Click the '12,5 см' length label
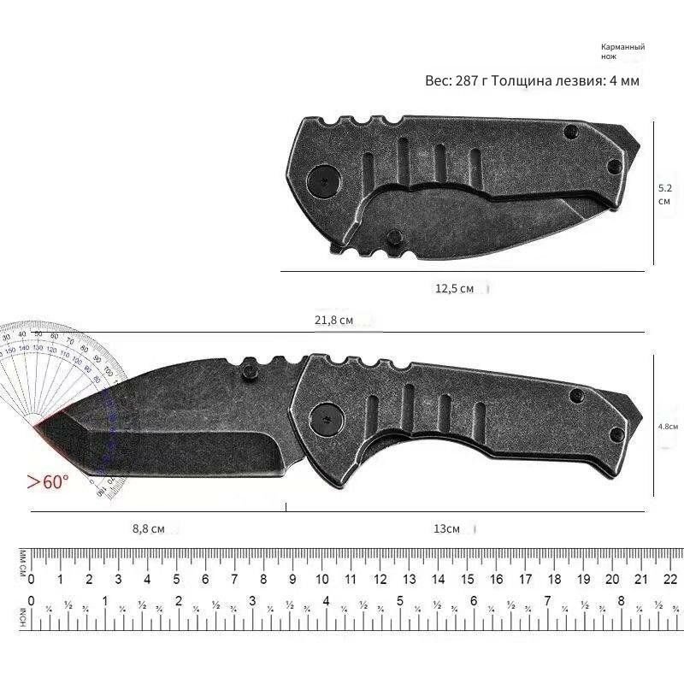click(x=454, y=289)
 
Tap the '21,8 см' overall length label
click(x=334, y=320)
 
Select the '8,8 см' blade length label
click(x=148, y=528)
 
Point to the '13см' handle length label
click(x=446, y=528)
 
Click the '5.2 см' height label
click(x=664, y=194)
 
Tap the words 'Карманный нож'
click(x=622, y=50)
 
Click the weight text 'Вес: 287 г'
click(x=459, y=80)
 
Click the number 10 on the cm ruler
click(x=321, y=579)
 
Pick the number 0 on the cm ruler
click(x=32, y=579)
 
